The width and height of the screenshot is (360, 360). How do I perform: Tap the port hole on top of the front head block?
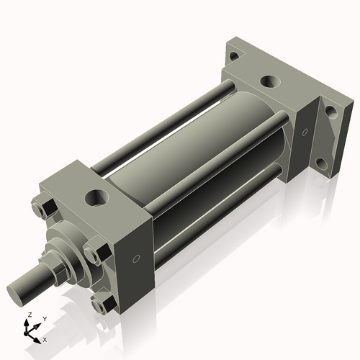pyautogui.click(x=94, y=196)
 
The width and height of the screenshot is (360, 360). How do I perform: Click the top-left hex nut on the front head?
pyautogui.click(x=42, y=209)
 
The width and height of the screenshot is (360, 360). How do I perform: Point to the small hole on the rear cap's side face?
pyautogui.click(x=304, y=132)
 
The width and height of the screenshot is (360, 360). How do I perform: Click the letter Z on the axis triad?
pyautogui.click(x=28, y=315)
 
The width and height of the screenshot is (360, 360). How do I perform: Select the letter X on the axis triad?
pyautogui.click(x=45, y=338)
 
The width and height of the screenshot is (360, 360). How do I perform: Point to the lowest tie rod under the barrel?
pyautogui.click(x=216, y=217)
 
